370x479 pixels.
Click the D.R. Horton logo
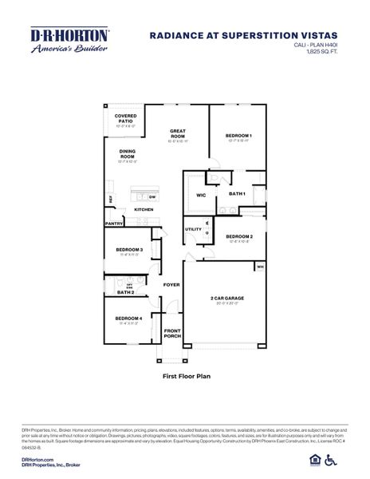(x=70, y=41)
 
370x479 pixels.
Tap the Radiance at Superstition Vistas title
(x=243, y=35)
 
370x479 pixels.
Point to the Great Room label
(x=177, y=134)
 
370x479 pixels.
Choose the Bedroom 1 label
(x=238, y=136)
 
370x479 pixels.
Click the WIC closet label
(x=201, y=194)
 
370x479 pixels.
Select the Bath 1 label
(x=237, y=193)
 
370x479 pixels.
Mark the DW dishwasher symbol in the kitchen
(x=152, y=196)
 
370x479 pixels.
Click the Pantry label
(x=114, y=224)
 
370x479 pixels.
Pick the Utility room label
(x=194, y=229)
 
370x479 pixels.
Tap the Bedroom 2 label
(x=239, y=236)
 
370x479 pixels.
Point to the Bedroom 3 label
(x=128, y=250)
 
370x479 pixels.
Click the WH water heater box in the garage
(x=260, y=267)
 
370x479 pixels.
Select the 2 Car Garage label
(x=227, y=299)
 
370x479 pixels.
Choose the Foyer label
(x=171, y=284)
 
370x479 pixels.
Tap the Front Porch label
(x=173, y=333)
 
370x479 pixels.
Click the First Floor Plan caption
(x=185, y=373)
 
